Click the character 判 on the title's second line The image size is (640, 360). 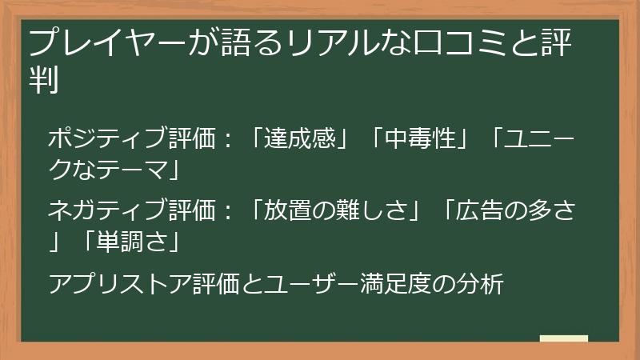tap(43, 80)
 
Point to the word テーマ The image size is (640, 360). tap(132, 170)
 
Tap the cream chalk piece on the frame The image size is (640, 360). tap(563, 338)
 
